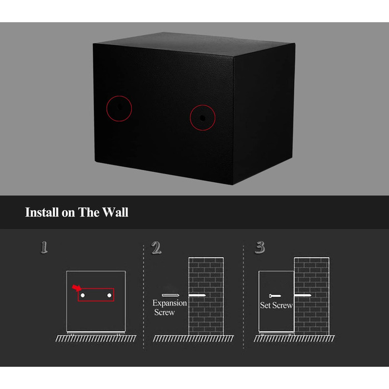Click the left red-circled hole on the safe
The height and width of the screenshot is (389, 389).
pos(119,107)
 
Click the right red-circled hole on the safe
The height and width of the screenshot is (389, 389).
pos(202,118)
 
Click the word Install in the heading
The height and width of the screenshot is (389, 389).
pos(42,212)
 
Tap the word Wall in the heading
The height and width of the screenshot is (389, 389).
pos(115,212)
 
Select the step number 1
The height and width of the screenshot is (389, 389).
pos(44,247)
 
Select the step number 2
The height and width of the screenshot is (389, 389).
pos(156,248)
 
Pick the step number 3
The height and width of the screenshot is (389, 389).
pos(260,247)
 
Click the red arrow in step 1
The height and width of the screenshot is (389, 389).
pos(77,288)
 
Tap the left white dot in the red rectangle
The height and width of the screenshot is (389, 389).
pos(83,295)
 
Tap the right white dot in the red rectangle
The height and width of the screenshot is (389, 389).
pos(109,295)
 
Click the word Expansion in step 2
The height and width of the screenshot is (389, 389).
pos(169,303)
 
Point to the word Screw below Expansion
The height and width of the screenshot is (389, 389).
pos(164,312)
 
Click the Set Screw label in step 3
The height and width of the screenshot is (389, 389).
pos(276,305)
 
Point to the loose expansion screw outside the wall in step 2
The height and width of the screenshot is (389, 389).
pos(171,295)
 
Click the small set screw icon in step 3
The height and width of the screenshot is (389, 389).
pos(275,296)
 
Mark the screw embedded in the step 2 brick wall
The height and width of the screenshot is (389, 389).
pos(197,295)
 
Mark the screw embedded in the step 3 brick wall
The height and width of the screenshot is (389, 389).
pos(303,295)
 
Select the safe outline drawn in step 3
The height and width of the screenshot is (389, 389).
pos(259,301)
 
